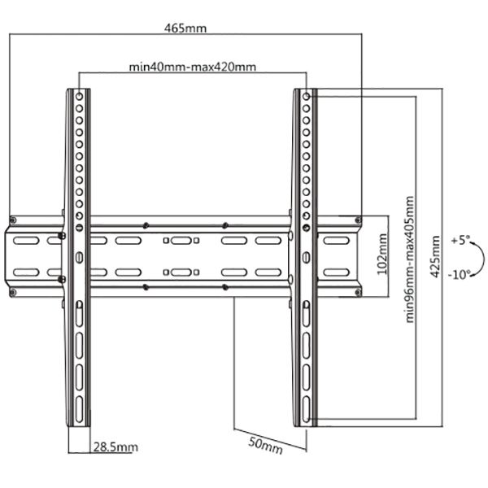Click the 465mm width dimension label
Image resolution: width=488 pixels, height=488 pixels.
click(185, 28)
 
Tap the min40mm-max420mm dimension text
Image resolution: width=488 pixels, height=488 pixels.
click(193, 67)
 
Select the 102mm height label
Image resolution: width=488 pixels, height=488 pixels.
click(382, 255)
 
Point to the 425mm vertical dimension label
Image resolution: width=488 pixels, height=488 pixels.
click(435, 257)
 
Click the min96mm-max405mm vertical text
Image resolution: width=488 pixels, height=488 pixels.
click(410, 259)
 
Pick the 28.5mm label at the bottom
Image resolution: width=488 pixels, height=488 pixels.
click(115, 447)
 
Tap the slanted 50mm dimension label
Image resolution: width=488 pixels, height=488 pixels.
click(265, 446)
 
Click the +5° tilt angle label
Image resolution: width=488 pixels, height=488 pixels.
click(460, 240)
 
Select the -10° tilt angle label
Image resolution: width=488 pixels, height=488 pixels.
click(460, 275)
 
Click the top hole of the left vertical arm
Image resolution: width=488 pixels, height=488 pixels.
click(80, 97)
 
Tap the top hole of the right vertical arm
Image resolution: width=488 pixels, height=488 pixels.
click(307, 97)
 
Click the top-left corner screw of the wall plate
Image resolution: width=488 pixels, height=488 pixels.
click(13, 220)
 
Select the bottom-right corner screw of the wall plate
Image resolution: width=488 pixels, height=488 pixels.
click(358, 292)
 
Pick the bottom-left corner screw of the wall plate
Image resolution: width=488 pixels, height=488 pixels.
click(13, 292)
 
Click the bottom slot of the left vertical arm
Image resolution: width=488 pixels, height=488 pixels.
click(80, 409)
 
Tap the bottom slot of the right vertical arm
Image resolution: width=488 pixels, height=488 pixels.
click(307, 409)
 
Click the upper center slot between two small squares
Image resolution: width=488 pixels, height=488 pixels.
click(181, 241)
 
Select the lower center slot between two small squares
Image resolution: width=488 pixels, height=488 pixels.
click(181, 272)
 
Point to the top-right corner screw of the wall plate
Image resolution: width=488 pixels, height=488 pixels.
click(358, 220)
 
